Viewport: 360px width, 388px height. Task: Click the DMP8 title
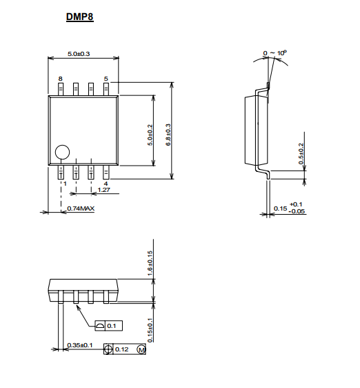[x=80, y=17]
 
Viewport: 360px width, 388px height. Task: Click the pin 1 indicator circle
[x=62, y=152]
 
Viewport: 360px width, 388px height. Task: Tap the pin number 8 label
[x=60, y=79]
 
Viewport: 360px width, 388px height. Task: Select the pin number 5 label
[x=106, y=79]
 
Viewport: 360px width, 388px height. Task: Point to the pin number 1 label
[x=65, y=184]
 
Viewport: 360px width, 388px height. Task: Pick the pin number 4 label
[x=106, y=184]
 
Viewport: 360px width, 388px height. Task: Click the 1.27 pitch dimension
[x=104, y=190]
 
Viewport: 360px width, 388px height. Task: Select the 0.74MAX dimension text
[x=81, y=208]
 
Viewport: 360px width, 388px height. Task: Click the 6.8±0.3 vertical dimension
[x=168, y=135]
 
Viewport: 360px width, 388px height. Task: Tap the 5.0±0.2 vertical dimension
[x=150, y=135]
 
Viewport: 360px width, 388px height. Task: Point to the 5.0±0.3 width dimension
[x=79, y=54]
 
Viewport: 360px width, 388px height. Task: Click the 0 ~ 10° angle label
[x=274, y=53]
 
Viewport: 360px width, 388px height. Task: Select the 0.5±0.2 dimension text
[x=301, y=154]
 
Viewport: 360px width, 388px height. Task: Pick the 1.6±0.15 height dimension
[x=150, y=264]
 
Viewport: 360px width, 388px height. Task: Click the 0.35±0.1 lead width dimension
[x=80, y=345]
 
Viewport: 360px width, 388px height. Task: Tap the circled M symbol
[x=141, y=349]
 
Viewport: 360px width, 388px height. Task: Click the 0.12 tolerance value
[x=122, y=349]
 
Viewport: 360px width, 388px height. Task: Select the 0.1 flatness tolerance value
[x=112, y=326]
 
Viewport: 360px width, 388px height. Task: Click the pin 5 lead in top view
[x=106, y=89]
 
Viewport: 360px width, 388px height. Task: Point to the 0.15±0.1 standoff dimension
[x=150, y=330]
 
